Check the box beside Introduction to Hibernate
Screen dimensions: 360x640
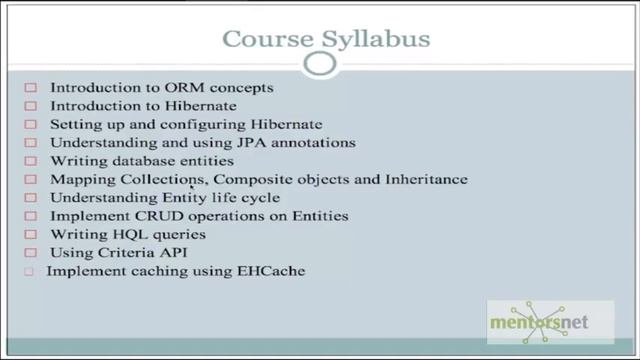pyautogui.click(x=30, y=106)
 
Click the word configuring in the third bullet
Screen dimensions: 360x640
pyautogui.click(x=201, y=124)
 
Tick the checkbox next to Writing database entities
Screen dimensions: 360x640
pyautogui.click(x=30, y=161)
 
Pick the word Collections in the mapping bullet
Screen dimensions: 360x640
pyautogui.click(x=153, y=179)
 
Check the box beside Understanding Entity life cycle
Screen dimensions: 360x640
pyautogui.click(x=30, y=198)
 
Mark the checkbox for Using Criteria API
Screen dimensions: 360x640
pyautogui.click(x=30, y=253)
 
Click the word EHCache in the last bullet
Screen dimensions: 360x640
pyautogui.click(x=270, y=271)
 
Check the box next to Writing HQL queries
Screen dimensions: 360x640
pyautogui.click(x=30, y=235)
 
